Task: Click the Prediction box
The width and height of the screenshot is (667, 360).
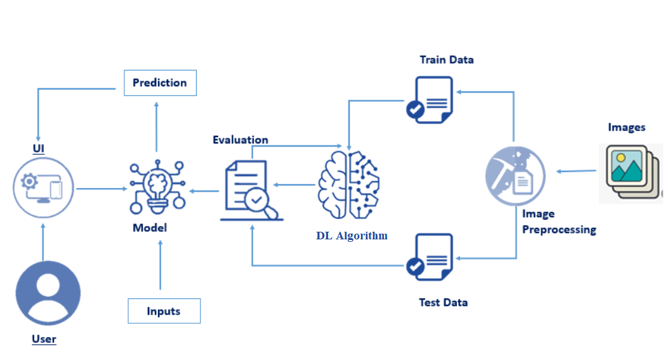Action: pyautogui.click(x=160, y=83)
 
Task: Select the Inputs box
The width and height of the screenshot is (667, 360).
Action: pyautogui.click(x=164, y=311)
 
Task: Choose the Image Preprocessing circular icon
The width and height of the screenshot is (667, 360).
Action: pyautogui.click(x=515, y=175)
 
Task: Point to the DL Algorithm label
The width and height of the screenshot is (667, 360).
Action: pyautogui.click(x=352, y=236)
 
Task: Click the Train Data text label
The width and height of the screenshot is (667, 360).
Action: pyautogui.click(x=447, y=60)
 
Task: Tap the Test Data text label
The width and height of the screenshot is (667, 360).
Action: pyautogui.click(x=443, y=302)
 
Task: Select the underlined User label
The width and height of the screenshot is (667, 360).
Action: pyautogui.click(x=44, y=339)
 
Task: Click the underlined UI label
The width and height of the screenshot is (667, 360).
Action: pyautogui.click(x=39, y=149)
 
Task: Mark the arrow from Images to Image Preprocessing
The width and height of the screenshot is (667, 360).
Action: pyautogui.click(x=577, y=171)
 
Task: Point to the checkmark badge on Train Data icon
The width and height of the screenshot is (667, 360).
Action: pyautogui.click(x=415, y=110)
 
